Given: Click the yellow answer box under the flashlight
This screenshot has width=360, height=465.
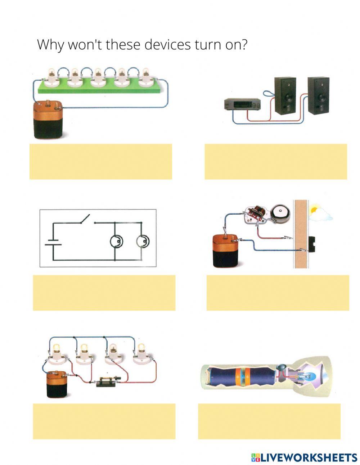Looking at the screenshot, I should [x=269, y=421].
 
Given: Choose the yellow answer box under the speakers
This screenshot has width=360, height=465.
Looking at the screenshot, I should [x=276, y=161].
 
